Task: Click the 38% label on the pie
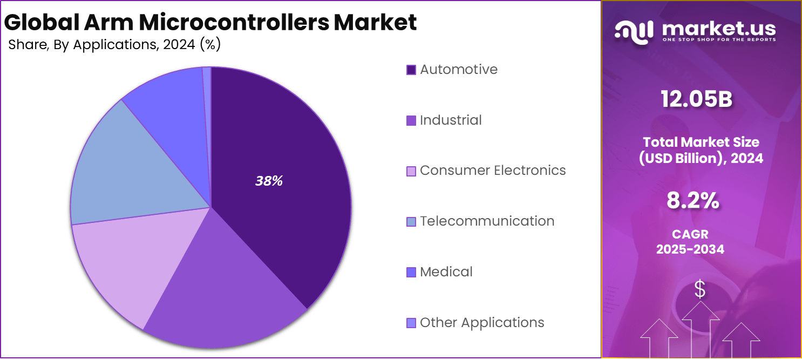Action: click(x=269, y=181)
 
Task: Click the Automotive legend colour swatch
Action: click(x=411, y=70)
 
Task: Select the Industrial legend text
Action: click(x=451, y=120)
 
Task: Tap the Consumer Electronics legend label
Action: click(x=493, y=171)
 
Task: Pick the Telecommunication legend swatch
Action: click(x=411, y=222)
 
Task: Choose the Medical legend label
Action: click(x=446, y=271)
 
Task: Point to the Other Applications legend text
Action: click(x=482, y=322)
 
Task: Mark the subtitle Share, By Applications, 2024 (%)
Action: click(x=114, y=45)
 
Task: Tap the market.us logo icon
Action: click(x=634, y=31)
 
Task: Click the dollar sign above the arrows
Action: click(x=700, y=289)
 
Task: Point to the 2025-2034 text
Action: click(x=690, y=249)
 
